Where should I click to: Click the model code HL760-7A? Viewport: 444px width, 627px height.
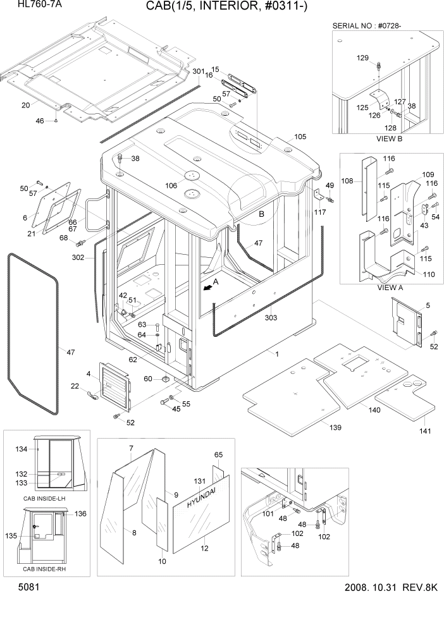(x=26, y=5)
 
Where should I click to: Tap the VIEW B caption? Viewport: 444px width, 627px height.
(x=390, y=138)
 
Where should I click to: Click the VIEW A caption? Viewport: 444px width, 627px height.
(x=390, y=287)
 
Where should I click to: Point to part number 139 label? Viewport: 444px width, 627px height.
(x=335, y=428)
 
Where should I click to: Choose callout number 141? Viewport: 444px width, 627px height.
(x=424, y=431)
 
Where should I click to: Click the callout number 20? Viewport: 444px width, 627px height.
(x=25, y=105)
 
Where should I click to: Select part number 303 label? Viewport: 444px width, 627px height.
(x=271, y=318)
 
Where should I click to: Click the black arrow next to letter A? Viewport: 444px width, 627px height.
(x=206, y=286)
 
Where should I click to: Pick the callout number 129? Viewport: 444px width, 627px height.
(x=362, y=58)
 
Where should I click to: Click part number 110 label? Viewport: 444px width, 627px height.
(x=428, y=275)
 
